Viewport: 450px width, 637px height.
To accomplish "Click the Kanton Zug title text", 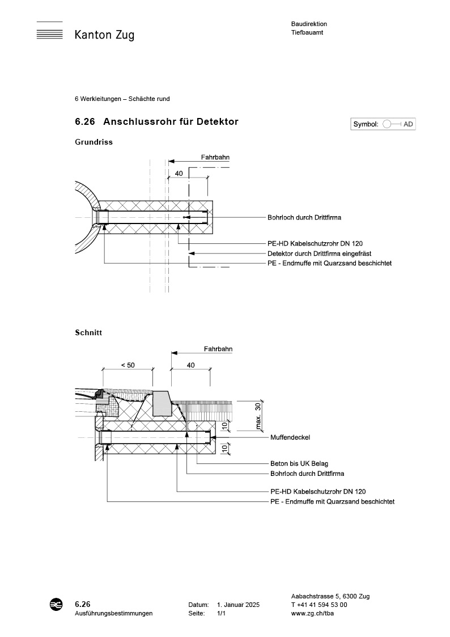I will click(x=104, y=35).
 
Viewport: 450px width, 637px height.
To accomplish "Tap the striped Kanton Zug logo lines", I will click(x=49, y=32).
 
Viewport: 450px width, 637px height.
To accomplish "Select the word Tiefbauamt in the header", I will click(x=307, y=33).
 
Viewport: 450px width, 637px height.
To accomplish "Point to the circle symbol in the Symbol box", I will click(x=387, y=124).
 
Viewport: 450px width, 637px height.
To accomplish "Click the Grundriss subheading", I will click(x=94, y=142).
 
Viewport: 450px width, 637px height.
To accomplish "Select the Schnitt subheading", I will click(x=88, y=332).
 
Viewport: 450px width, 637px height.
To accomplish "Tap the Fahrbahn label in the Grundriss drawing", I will click(x=215, y=158).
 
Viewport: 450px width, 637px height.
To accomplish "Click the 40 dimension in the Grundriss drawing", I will click(x=179, y=174).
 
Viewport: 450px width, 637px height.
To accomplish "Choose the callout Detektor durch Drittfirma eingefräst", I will click(x=319, y=254).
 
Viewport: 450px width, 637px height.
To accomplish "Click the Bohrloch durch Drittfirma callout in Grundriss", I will click(x=304, y=217).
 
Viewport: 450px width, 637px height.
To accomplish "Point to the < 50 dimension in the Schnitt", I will click(x=128, y=365).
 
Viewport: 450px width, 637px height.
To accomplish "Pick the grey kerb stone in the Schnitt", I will click(x=162, y=403).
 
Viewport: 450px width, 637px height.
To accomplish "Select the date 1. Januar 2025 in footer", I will click(x=238, y=605).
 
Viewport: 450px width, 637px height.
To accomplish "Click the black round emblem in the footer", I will click(x=56, y=605).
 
